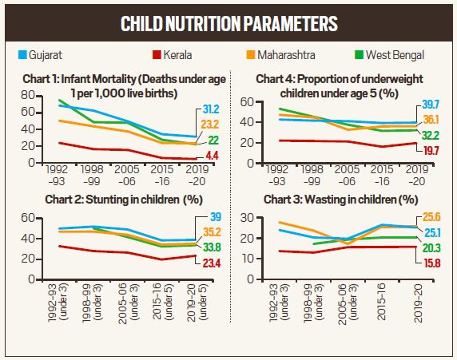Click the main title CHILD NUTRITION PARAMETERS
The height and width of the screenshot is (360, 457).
pos(228,23)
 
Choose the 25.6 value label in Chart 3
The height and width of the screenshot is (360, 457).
pos(432,218)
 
